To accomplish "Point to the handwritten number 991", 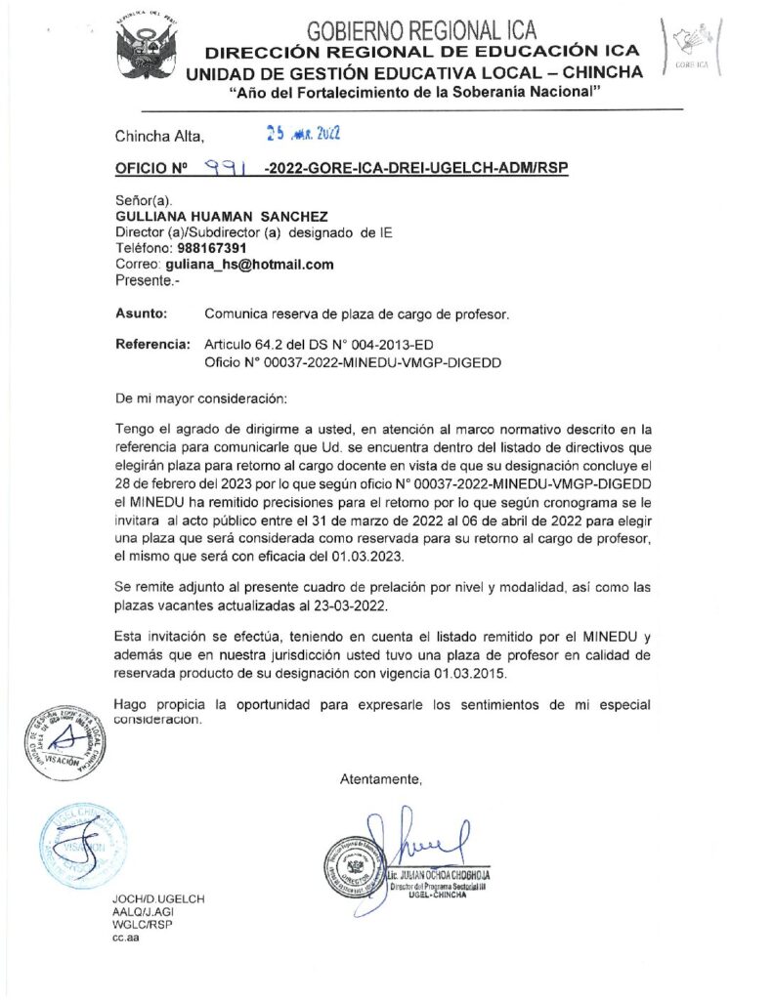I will click(226, 168).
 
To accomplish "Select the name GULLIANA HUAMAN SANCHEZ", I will click(222, 216).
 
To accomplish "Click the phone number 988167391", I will click(198, 248).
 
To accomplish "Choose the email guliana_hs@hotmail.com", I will click(249, 265).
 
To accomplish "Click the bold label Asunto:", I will click(141, 314).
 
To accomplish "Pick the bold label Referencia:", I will click(151, 345).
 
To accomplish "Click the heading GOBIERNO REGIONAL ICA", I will click(421, 30).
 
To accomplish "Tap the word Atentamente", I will click(380, 778).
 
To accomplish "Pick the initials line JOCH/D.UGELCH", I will click(159, 897).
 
